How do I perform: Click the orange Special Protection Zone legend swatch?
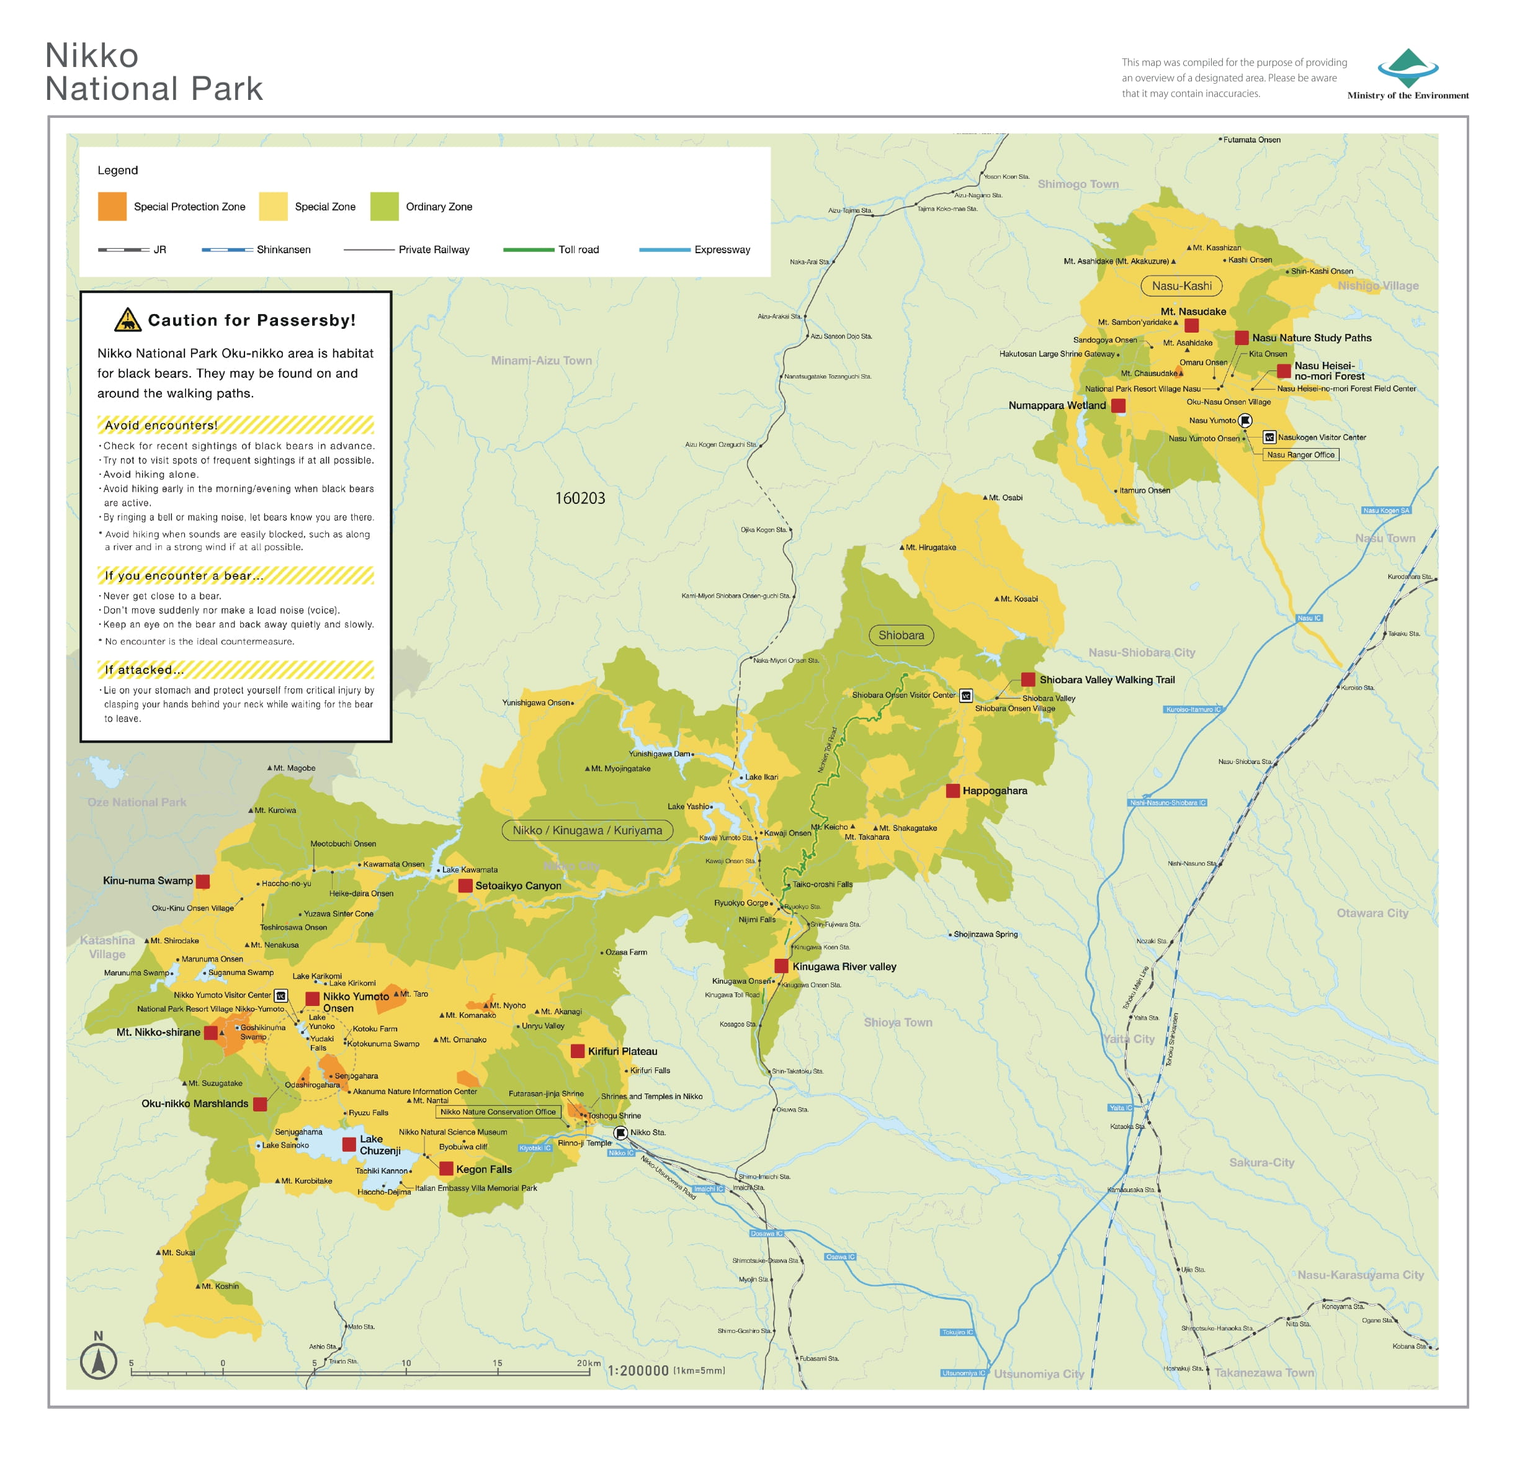[112, 207]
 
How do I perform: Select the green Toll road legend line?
[528, 250]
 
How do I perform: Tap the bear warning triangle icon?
[128, 320]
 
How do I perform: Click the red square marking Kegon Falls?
[447, 1169]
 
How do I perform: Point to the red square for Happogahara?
[953, 790]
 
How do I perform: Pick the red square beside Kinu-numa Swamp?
[203, 881]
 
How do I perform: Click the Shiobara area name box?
[901, 635]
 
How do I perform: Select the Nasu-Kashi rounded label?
[1181, 285]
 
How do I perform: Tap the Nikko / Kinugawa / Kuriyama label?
[587, 830]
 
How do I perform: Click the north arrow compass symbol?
[98, 1362]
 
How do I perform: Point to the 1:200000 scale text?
[638, 1371]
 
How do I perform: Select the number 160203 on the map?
[580, 498]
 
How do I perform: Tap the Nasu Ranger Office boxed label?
[1300, 455]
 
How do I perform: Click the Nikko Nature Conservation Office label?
[498, 1111]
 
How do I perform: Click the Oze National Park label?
[137, 802]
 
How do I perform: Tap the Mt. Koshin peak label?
[219, 1286]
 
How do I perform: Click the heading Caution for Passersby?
[251, 320]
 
